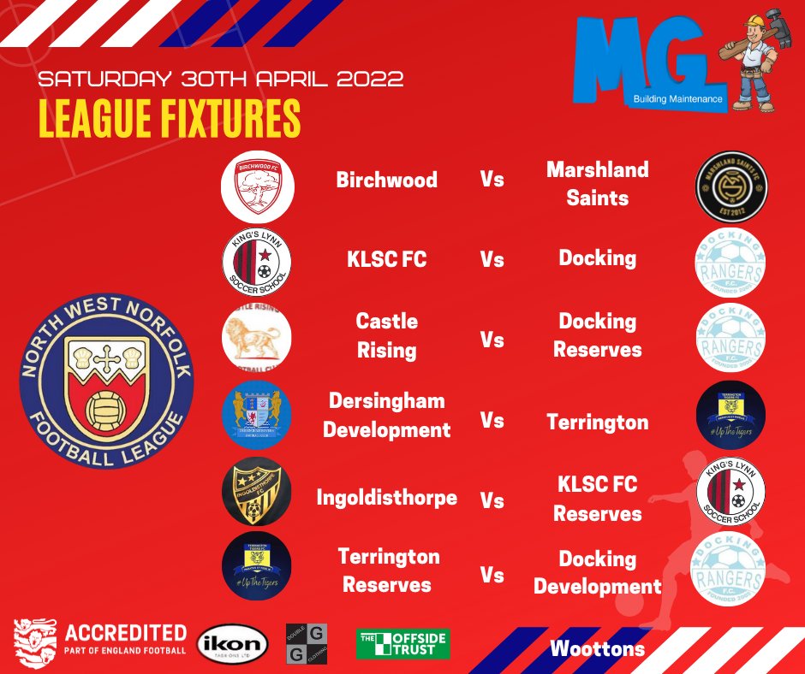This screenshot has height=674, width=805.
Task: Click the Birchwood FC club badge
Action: point(257,186)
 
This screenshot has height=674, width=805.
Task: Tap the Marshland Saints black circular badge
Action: point(730,186)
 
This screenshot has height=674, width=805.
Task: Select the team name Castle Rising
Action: point(387,336)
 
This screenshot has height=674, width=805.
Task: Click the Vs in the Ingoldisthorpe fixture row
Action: point(492,500)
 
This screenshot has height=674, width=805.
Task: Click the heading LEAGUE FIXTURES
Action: point(170,120)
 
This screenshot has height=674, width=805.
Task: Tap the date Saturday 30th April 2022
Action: point(221,80)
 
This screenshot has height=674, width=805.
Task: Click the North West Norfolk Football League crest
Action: point(107,381)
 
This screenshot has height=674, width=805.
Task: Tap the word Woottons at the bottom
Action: point(598,648)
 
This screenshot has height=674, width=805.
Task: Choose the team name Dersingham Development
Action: point(386,415)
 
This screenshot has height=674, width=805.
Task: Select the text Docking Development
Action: point(598,572)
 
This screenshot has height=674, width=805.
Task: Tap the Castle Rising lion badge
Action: point(256,337)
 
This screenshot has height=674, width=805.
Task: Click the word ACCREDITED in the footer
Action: point(127,633)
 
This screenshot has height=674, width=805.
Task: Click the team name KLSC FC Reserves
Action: point(597,500)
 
